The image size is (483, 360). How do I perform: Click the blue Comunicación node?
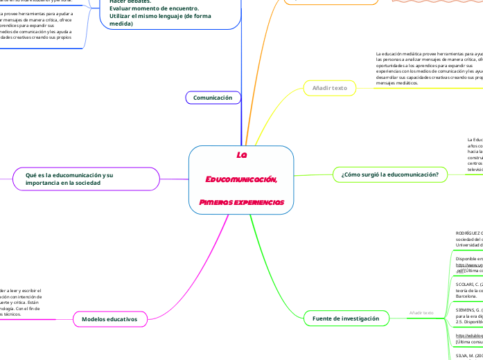[x=213, y=98]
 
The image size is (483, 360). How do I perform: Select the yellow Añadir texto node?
[x=329, y=88]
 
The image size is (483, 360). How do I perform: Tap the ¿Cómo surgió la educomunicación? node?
[x=390, y=174]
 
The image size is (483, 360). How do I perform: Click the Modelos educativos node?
[x=114, y=319]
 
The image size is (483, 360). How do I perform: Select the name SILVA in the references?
[x=463, y=355]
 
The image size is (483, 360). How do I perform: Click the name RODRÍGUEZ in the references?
[x=468, y=233]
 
